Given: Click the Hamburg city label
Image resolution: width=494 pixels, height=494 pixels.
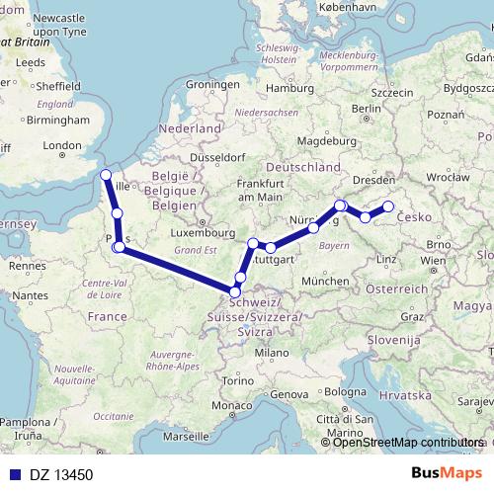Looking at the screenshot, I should pos(288,88).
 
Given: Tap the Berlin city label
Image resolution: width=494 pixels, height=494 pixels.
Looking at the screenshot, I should pos(367,109).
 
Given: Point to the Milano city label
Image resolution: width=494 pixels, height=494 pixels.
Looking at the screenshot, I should pos(266,353).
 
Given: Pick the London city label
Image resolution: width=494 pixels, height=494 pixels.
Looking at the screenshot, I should pos(61,146).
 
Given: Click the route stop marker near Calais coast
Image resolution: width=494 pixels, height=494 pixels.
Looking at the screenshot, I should pos(107,176).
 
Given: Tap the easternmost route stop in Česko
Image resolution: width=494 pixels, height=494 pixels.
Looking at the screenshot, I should pos(388,206).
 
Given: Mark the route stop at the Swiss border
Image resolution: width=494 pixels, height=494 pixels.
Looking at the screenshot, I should pos(235,290).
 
